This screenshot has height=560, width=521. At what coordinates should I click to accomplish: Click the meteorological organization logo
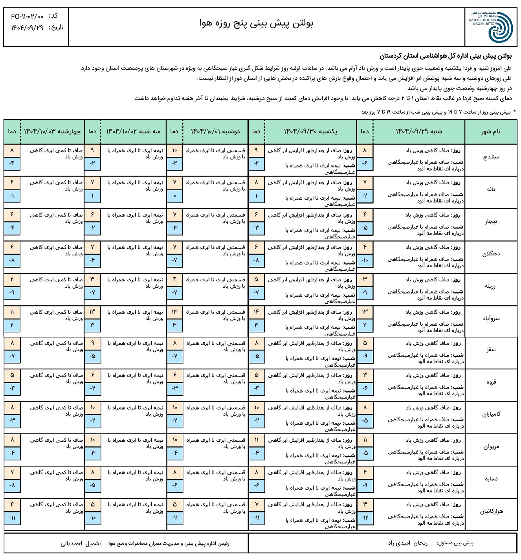[491, 26]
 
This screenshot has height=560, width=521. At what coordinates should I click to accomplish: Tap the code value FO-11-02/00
[28, 17]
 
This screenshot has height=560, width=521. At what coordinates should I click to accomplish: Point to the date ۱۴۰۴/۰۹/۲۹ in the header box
[27, 28]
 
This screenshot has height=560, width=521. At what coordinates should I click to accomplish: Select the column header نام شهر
[491, 132]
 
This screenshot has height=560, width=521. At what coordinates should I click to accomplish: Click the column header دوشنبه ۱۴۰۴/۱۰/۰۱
[215, 131]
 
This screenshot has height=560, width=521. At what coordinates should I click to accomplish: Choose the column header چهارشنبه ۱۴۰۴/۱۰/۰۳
[52, 131]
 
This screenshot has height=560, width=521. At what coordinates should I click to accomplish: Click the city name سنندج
[491, 157]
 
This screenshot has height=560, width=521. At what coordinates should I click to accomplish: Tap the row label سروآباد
[491, 318]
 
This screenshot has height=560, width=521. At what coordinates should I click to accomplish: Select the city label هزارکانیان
[491, 511]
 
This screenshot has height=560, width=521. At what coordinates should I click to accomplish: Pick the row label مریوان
[491, 447]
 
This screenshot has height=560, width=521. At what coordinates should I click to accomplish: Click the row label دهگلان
[491, 254]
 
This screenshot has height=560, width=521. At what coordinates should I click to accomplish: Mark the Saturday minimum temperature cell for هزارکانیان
[365, 518]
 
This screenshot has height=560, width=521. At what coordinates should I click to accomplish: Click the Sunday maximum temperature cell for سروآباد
[257, 312]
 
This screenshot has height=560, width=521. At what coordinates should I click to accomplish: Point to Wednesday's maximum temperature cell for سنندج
[12, 150]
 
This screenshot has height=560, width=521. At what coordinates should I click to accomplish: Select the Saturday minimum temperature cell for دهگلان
[365, 260]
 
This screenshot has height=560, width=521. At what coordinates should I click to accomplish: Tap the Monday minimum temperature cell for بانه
[175, 196]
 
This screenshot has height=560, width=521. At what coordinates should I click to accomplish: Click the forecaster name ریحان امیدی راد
[407, 543]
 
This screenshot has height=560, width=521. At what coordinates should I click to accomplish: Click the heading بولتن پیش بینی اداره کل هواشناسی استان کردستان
[446, 57]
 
